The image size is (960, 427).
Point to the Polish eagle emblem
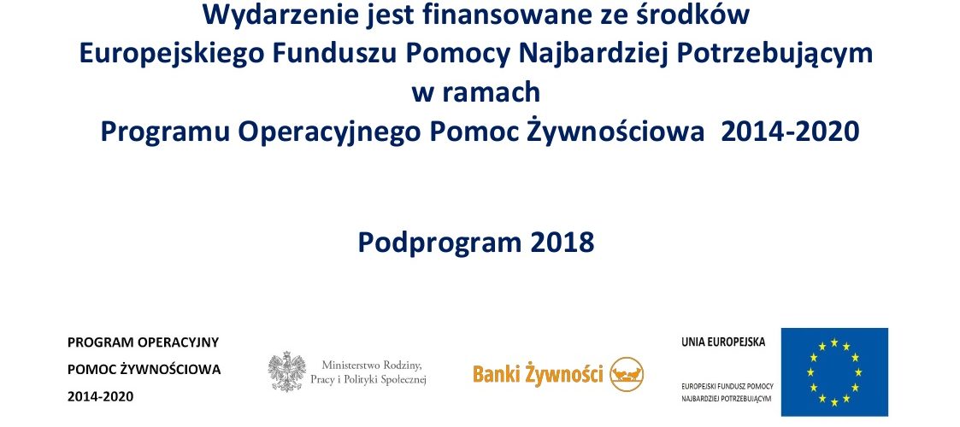click(x=287, y=371)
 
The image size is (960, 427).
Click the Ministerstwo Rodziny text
click(x=372, y=366)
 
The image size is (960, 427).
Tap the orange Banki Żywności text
click(x=539, y=374)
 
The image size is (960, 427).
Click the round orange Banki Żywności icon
click(x=627, y=374)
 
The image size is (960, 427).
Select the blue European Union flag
click(x=834, y=372)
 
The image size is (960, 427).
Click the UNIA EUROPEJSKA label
click(x=723, y=342)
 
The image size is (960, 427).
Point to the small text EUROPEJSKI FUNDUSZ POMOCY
click(x=727, y=387)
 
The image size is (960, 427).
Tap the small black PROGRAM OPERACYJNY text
click(x=144, y=342)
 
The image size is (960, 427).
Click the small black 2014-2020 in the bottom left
click(x=100, y=396)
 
